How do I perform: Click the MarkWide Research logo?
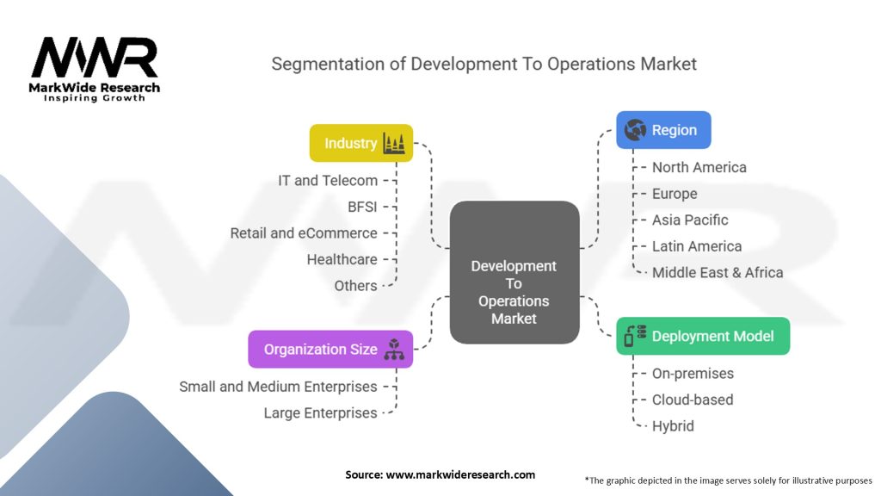95,69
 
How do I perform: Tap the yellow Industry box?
361,143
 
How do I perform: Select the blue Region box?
663,130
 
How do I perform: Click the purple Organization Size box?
330,349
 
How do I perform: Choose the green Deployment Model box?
703,337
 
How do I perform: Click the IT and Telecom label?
327,181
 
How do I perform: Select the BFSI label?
362,207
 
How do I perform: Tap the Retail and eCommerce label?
304,233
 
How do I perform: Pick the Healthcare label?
342,259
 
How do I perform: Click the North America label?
699,167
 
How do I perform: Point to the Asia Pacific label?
690,220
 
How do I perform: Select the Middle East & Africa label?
718,272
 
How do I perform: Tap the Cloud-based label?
693,400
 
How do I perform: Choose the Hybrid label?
673,425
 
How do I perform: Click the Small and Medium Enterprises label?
278,387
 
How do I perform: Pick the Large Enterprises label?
320,413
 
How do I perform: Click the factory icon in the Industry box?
394,143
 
